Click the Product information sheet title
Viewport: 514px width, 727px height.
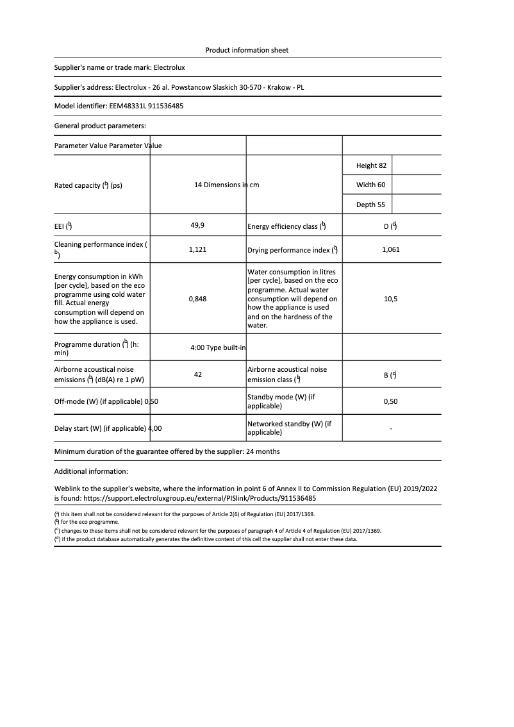point(247,50)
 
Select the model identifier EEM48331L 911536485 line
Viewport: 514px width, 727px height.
point(119,106)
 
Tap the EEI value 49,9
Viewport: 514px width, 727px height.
point(197,226)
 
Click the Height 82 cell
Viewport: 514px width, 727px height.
point(371,165)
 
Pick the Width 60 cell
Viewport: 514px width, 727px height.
point(370,185)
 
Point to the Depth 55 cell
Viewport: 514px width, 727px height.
point(370,205)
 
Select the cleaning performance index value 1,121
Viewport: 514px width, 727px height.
point(197,250)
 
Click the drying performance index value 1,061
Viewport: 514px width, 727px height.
point(390,250)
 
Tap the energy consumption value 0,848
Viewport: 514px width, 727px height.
point(197,299)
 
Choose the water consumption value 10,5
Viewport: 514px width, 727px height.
point(390,299)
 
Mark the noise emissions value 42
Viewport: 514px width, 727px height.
point(197,374)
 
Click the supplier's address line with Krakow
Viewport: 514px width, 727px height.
point(180,87)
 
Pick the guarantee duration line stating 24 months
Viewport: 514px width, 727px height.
point(167,451)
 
